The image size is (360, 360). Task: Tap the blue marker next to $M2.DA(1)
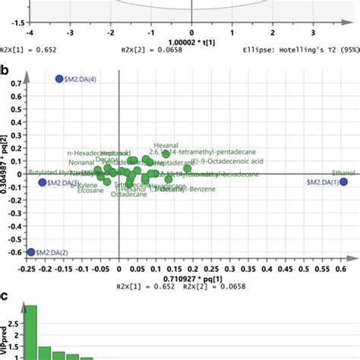(344, 182)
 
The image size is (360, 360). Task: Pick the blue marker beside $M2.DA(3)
(43, 183)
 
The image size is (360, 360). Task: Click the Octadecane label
(124, 195)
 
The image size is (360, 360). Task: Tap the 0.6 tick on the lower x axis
(342, 269)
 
